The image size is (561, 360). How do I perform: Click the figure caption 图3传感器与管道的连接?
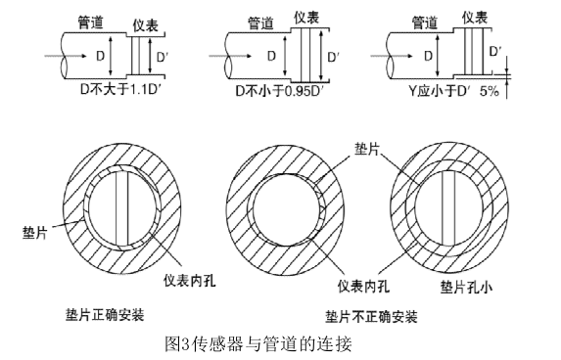pos(258,344)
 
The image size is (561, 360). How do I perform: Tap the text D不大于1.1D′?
pos(121,89)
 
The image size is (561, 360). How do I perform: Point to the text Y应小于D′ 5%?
pos(453,91)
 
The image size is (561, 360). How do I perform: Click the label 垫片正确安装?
pos(105,315)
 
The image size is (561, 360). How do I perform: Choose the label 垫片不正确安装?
pos(371,317)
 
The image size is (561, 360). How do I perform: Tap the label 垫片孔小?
pos(466,287)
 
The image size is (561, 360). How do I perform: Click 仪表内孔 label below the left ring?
pos(190,281)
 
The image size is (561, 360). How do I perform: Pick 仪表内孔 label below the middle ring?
pos(363,286)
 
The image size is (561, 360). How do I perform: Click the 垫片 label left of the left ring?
pos(34,233)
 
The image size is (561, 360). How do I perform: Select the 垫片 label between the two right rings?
pos(367,149)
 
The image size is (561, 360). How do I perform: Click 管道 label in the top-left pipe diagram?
pos(90,22)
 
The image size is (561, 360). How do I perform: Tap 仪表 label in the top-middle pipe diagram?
pos(306,18)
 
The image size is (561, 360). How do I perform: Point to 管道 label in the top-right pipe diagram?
pos(425,22)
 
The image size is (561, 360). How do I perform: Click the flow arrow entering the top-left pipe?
pos(66,56)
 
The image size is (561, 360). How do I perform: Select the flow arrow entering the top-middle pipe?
pos(230,56)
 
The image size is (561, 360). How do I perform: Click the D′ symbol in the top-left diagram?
pos(163,57)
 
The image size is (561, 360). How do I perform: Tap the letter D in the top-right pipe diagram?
pos(428,56)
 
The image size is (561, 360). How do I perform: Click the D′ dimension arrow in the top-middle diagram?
pos(322,56)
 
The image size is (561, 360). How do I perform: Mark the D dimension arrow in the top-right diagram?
pos(438,56)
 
